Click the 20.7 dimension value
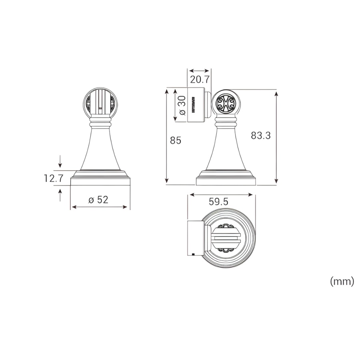200,80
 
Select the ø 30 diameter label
182,105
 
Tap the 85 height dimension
176,140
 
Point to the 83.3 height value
260,136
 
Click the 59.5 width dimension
218,202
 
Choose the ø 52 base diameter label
98,200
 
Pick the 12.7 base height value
53,178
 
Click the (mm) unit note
342,281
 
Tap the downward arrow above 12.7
60,161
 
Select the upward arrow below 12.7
60,195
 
